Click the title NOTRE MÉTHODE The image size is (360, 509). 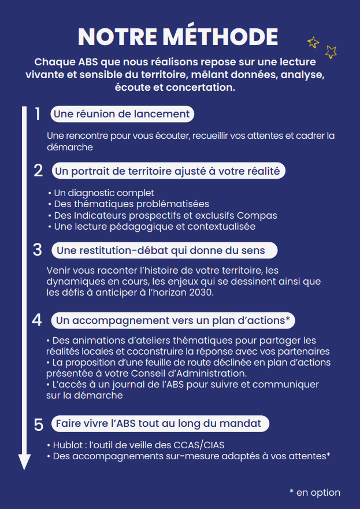pyautogui.click(x=177, y=36)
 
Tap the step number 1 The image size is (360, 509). pyautogui.click(x=38, y=114)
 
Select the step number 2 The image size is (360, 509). pyautogui.click(x=38, y=171)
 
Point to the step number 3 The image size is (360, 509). pyautogui.click(x=38, y=250)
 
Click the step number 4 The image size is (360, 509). pyautogui.click(x=38, y=320)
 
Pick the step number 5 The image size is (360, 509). pyautogui.click(x=38, y=424)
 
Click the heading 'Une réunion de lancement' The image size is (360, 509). pyautogui.click(x=121, y=114)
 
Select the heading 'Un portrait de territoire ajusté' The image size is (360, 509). pyautogui.click(x=167, y=171)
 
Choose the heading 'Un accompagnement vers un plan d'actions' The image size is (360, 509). pyautogui.click(x=172, y=320)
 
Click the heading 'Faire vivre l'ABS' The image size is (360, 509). pyautogui.click(x=158, y=423)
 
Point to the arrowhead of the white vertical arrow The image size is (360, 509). pyautogui.click(x=24, y=462)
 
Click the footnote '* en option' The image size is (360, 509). pyautogui.click(x=315, y=492)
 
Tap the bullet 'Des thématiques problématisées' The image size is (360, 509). pyautogui.click(x=131, y=204)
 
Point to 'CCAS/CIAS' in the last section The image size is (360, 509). pyautogui.click(x=199, y=445)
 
